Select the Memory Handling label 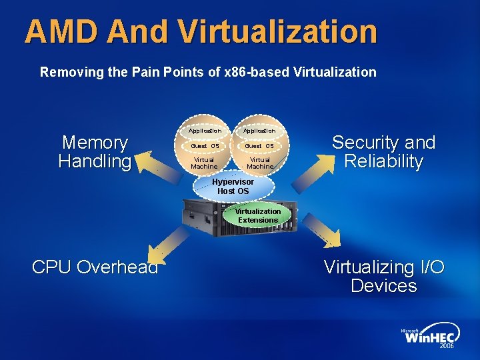pyautogui.click(x=95, y=152)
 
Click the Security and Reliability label pyautogui.click(x=383, y=152)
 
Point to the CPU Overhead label pyautogui.click(x=95, y=267)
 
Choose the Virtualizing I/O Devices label pyautogui.click(x=384, y=277)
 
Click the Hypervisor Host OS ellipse pyautogui.click(x=233, y=187)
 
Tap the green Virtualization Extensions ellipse pyautogui.click(x=258, y=215)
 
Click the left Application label pyautogui.click(x=204, y=131)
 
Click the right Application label pyautogui.click(x=259, y=131)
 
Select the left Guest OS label pyautogui.click(x=204, y=146)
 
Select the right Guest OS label pyautogui.click(x=259, y=146)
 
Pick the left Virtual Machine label pyautogui.click(x=204, y=163)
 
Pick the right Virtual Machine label pyautogui.click(x=259, y=163)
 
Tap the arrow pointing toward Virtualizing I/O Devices pyautogui.click(x=320, y=230)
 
